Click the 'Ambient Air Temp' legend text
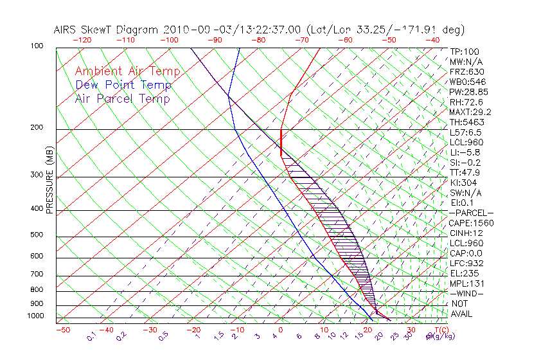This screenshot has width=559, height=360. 127,72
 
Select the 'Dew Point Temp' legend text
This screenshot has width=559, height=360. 123,85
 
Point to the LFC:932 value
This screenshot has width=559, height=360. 466,264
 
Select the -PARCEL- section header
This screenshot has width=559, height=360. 471,213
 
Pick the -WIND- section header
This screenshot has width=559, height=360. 466,293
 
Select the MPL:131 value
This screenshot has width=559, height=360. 466,283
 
